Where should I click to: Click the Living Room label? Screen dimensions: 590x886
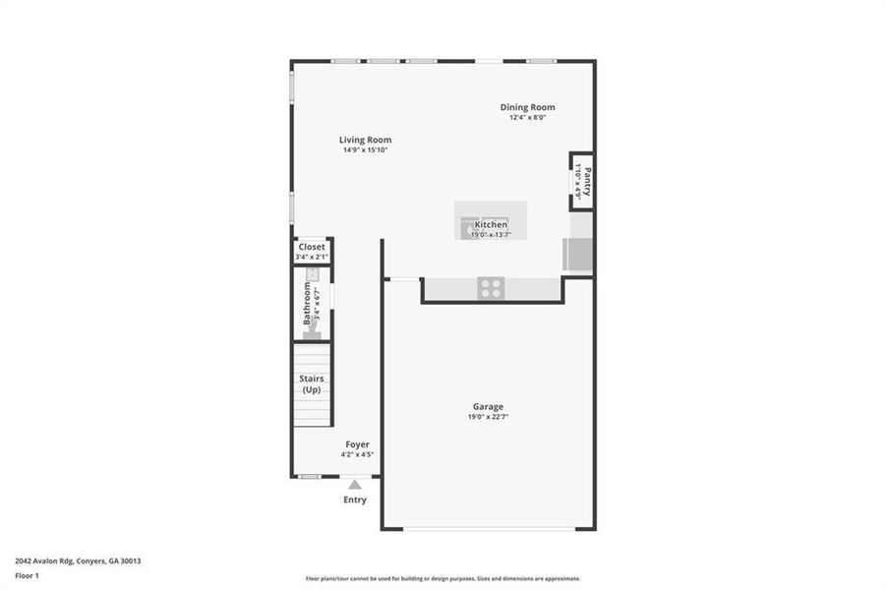[x=366, y=140]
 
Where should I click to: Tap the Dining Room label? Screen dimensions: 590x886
[x=527, y=107]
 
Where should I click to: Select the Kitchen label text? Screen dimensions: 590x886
[x=491, y=225]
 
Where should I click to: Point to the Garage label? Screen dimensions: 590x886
[x=488, y=406]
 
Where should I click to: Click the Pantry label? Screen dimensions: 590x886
[x=587, y=182]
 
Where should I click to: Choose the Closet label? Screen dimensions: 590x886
[x=312, y=247]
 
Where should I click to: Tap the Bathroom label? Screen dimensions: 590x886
[x=307, y=305]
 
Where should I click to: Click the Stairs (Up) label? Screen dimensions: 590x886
[x=312, y=383]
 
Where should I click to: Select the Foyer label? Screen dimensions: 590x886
[x=357, y=444]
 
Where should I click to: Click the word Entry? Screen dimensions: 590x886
[x=355, y=500]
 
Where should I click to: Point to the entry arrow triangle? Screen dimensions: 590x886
[x=355, y=483]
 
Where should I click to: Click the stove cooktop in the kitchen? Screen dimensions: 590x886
[x=491, y=287]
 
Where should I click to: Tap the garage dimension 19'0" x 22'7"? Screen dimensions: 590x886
[x=488, y=417]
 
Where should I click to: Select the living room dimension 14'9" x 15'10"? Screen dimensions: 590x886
[x=366, y=150]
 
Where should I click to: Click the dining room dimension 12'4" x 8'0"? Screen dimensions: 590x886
[x=527, y=118]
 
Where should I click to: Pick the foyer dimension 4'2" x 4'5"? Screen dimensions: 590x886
[x=357, y=454]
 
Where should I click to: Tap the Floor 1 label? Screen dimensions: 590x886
[x=28, y=575]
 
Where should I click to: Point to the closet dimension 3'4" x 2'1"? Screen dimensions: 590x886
[x=312, y=257]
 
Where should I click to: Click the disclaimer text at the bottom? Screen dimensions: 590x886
[x=443, y=578]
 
